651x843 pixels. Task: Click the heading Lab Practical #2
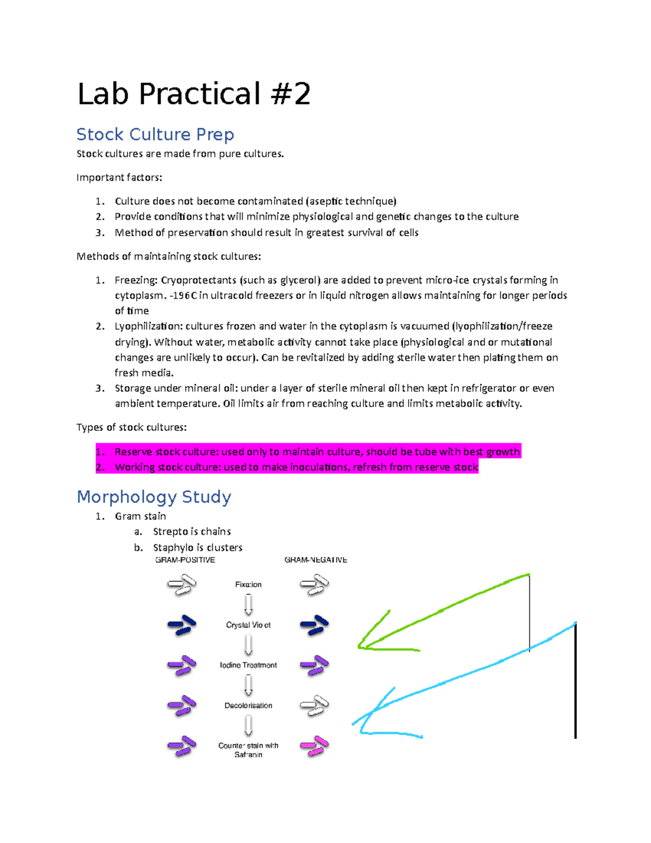pos(194,94)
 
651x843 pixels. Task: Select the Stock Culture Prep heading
pos(155,134)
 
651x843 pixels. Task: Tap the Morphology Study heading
pos(154,497)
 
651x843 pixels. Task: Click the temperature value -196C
pos(184,295)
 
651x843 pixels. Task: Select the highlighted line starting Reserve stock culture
pos(308,452)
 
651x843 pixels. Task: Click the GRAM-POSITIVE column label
pos(185,560)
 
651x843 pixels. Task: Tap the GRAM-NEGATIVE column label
pos(316,560)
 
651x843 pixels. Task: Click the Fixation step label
pos(248,585)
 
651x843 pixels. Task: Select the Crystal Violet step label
pos(248,625)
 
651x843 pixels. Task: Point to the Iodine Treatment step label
pos(248,665)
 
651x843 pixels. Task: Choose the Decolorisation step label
pos(248,706)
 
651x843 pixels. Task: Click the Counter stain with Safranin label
pos(248,750)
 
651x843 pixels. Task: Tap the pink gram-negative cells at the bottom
pos(315,746)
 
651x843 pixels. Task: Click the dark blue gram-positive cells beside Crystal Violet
pos(182,625)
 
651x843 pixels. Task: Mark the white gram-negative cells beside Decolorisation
pos(315,706)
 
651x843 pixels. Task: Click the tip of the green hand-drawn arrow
pos(359,646)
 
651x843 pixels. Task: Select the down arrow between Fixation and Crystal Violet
pos(248,604)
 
